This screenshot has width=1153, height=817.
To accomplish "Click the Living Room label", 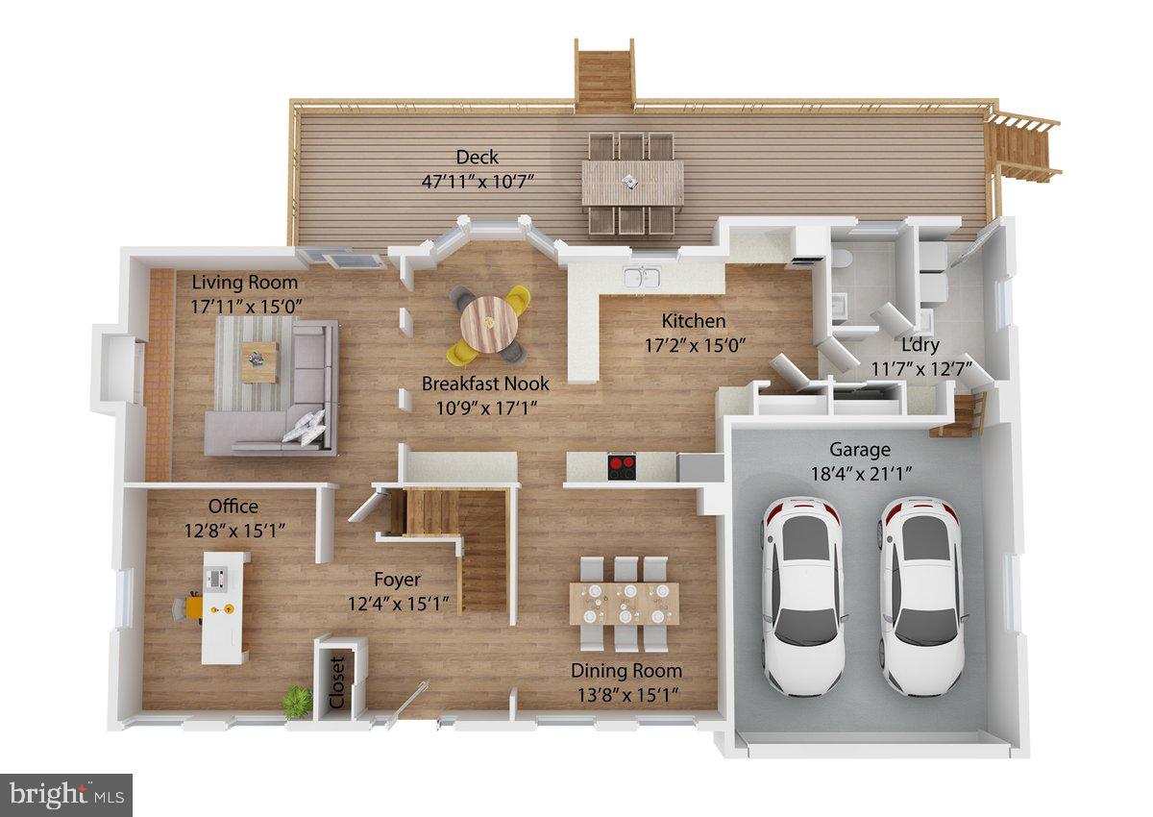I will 244,283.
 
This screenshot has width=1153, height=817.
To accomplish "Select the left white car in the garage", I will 803,596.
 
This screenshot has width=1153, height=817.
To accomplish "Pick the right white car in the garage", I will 921,596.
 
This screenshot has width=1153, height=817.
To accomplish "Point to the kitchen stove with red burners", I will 622,467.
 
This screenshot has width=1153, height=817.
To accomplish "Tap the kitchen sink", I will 641,278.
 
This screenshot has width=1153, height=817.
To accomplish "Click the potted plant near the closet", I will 298,701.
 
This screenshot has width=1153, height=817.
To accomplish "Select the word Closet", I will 337,682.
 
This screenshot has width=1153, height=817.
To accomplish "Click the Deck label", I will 478,157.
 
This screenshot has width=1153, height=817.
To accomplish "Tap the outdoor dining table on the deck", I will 632,183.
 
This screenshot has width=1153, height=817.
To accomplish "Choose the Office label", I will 233,507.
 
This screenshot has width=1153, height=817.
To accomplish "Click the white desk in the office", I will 224,607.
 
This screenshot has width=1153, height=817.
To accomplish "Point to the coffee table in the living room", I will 258,360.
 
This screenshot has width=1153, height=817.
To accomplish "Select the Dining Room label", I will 626,671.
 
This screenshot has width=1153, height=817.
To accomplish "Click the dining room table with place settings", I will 624,604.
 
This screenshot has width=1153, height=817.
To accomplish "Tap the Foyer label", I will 397,580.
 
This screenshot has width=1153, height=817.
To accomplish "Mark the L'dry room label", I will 920,345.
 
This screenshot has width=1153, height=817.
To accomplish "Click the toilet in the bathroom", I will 838,260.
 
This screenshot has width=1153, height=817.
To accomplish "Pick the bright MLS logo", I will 65,795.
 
